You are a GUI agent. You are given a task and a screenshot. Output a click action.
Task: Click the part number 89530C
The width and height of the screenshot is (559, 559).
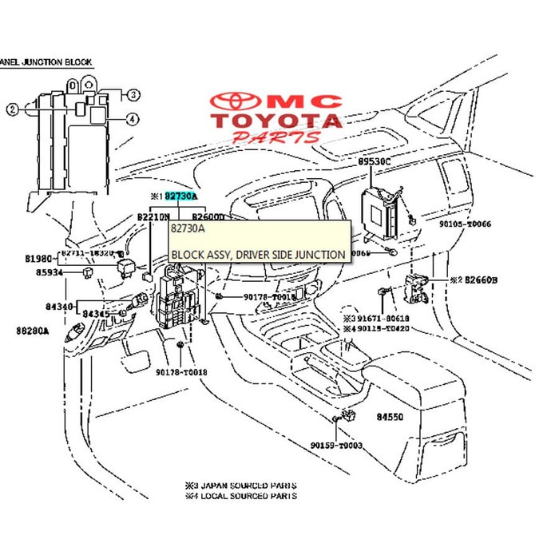pos(375,161)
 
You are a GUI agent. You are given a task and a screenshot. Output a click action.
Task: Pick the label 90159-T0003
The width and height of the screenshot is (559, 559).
pos(337,446)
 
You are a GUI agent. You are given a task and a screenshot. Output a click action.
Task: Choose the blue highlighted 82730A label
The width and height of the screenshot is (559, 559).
pos(180,196)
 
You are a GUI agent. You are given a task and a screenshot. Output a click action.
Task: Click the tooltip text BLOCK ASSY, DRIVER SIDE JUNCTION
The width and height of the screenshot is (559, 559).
pos(258,255)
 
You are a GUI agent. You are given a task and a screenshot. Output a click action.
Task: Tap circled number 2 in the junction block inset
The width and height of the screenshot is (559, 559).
pos(12,109)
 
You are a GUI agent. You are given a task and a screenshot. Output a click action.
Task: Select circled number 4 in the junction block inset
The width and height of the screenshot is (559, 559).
pos(133,120)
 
